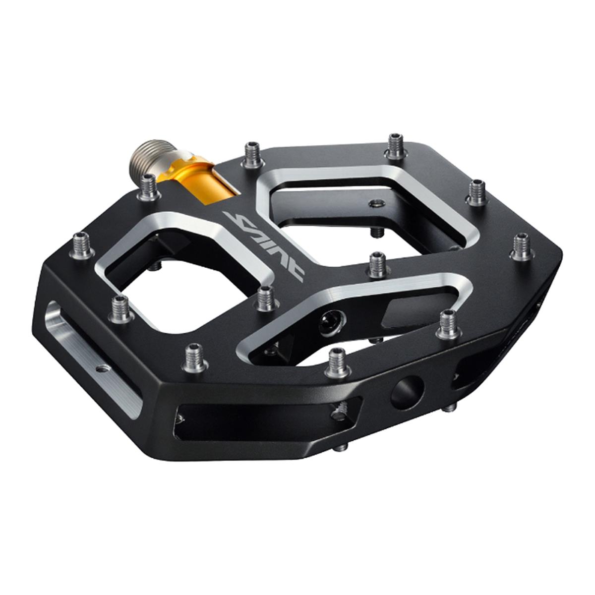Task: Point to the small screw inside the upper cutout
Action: tap(375, 203)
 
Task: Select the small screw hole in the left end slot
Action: tap(103, 368)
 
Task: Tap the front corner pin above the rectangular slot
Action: tap(194, 357)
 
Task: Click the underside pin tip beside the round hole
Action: tap(449, 407)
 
